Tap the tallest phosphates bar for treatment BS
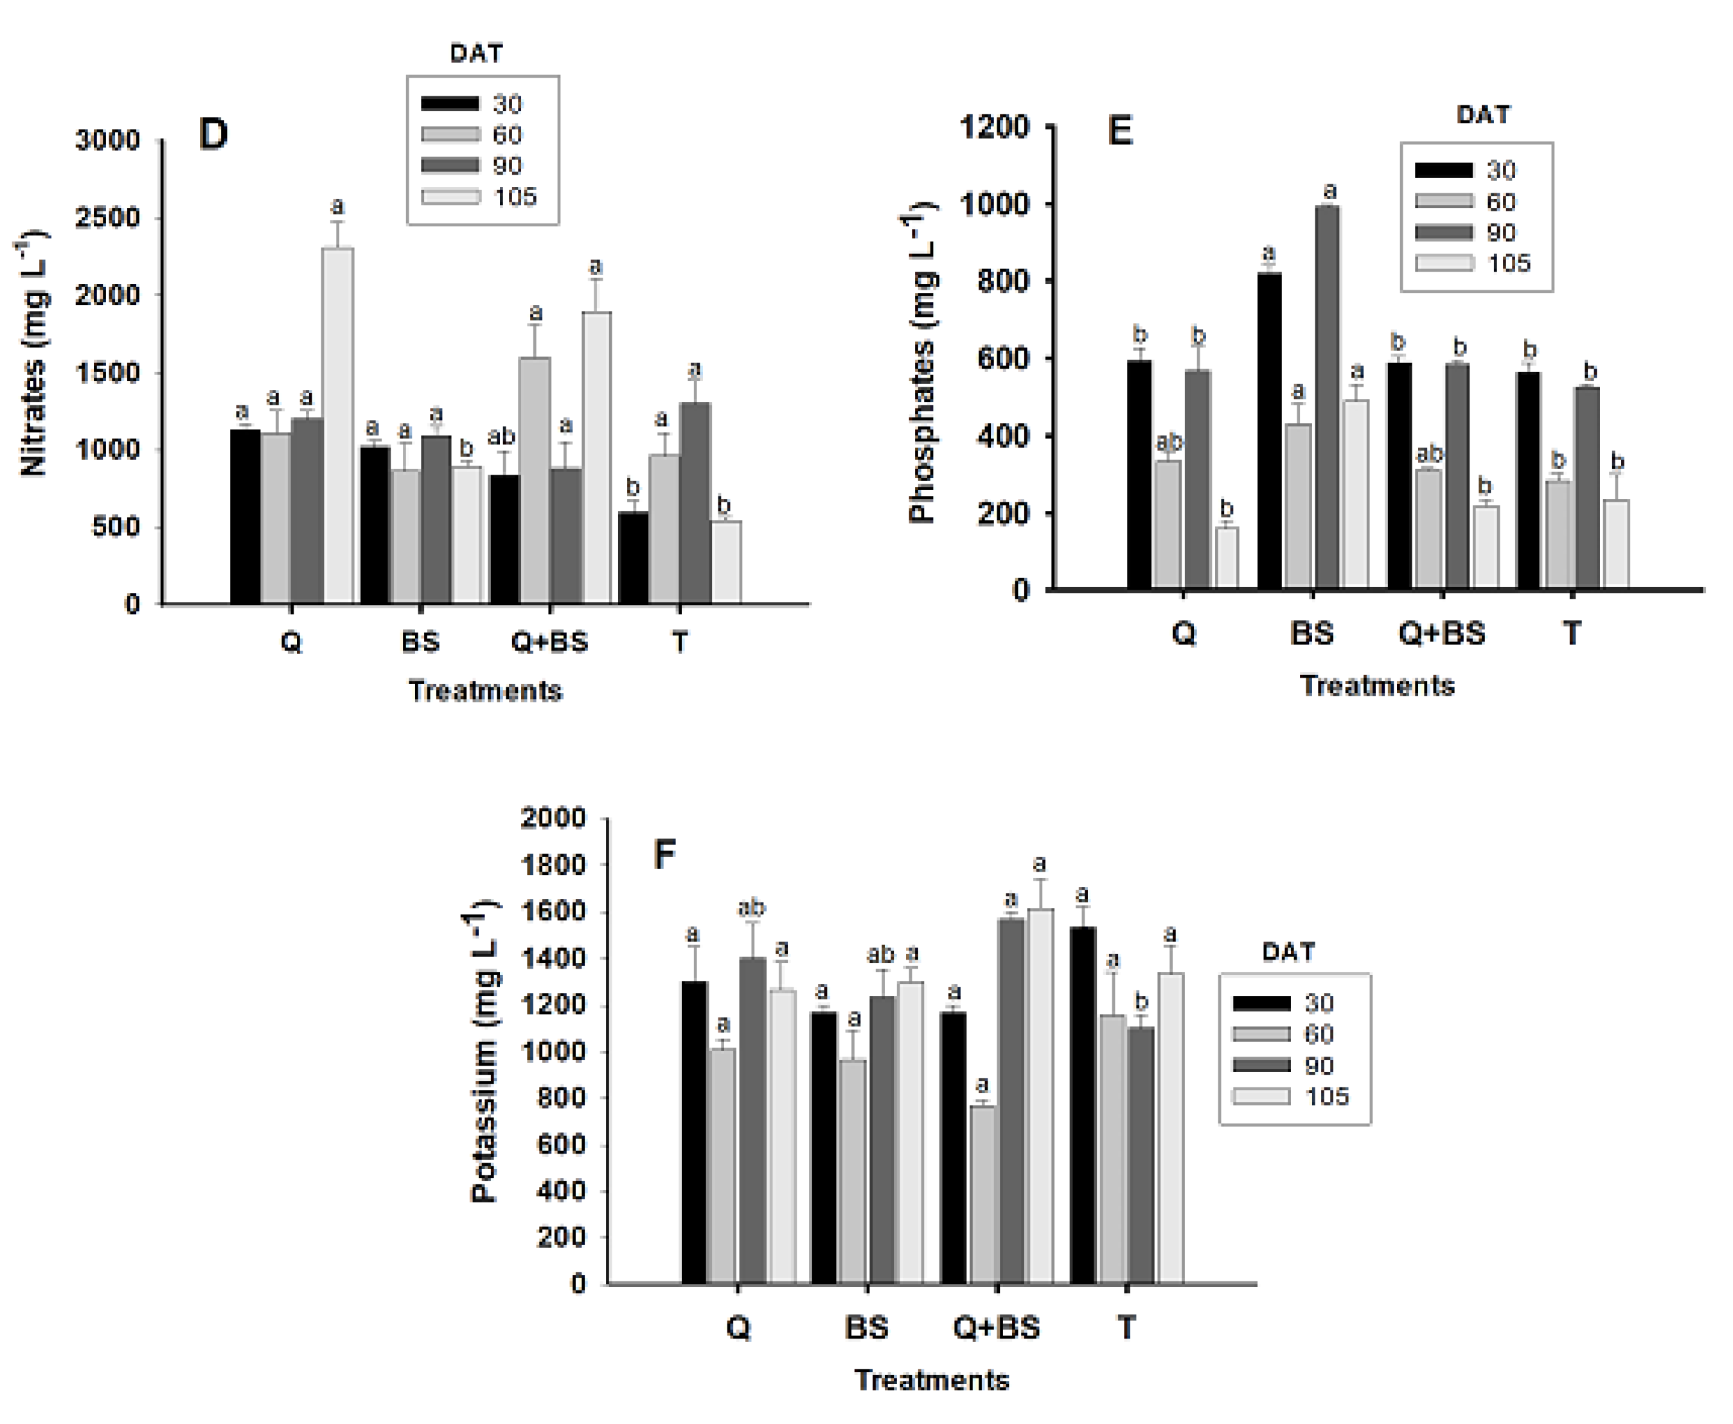coord(1327,398)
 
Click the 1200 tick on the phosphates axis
coord(993,127)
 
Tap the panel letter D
coord(213,134)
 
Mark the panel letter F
coord(664,856)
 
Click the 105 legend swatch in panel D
coord(450,197)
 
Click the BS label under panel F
coord(866,1327)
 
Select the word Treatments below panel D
coord(485,690)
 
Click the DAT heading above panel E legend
coord(1482,115)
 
